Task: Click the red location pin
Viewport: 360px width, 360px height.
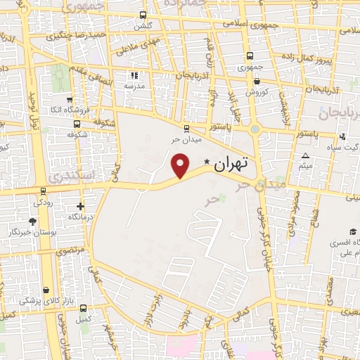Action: click(181, 165)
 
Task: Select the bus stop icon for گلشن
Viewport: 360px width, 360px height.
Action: click(143, 15)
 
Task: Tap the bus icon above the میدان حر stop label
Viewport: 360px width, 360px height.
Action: click(186, 128)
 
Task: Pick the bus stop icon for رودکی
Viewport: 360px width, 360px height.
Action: click(43, 191)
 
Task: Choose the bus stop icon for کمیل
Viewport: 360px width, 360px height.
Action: click(84, 308)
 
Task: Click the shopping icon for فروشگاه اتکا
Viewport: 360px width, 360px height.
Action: click(68, 99)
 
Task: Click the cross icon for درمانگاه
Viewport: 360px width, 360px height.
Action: click(82, 207)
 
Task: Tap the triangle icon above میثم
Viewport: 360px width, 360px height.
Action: click(305, 155)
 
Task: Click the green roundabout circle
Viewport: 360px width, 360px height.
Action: click(255, 129)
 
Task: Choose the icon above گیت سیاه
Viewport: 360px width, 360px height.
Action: click(342, 136)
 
